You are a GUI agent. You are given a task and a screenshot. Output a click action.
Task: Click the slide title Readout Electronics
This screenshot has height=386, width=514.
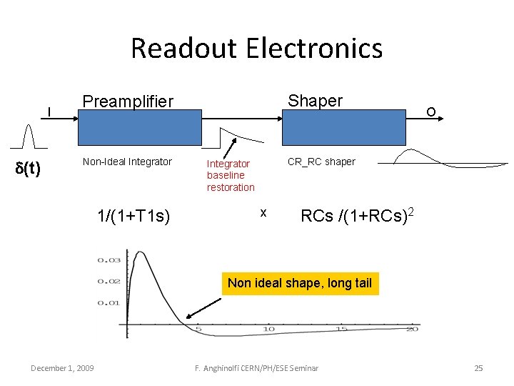point(256,49)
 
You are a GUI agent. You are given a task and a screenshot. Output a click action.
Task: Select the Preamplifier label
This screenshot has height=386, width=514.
point(128,102)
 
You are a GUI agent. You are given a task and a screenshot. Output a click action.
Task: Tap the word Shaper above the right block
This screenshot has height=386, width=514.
point(315,101)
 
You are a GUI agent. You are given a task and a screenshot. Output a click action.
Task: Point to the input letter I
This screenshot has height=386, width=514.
point(49,112)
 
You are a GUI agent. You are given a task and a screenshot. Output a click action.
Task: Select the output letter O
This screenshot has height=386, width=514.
point(430,112)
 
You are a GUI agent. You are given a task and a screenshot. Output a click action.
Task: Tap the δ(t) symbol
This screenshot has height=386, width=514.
point(28,169)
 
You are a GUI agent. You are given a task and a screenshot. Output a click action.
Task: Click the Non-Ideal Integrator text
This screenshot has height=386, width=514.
point(127,162)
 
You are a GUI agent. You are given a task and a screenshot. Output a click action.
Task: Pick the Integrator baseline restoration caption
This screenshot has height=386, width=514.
point(231,175)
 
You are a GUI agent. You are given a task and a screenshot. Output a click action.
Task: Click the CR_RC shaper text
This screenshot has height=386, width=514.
point(321,162)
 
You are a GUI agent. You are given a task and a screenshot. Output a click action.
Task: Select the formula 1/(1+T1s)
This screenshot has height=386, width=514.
point(133,215)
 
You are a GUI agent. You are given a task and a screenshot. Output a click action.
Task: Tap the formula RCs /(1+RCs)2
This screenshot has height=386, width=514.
point(358,215)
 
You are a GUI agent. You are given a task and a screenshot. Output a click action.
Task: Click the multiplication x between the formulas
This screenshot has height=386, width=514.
point(263,213)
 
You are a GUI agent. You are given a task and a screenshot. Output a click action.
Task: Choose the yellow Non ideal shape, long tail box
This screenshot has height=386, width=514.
point(299,283)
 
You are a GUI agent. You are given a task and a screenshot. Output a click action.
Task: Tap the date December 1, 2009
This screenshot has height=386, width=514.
point(61,368)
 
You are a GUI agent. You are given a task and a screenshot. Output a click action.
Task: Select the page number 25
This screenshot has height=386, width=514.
point(478,368)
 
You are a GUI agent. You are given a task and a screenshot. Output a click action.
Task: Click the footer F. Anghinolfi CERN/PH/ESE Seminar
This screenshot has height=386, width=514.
point(256,368)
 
